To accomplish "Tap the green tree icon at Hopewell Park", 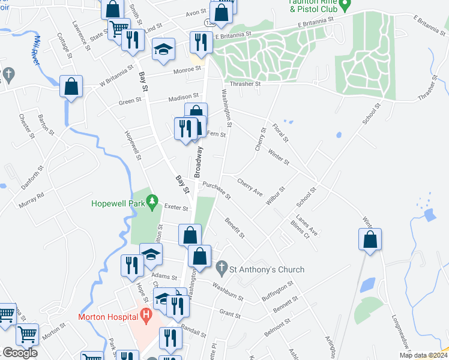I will pos(152,199).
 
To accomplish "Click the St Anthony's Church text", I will pos(268,270).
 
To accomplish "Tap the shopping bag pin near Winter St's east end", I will pos(370,240).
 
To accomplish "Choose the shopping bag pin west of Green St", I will pos(71,86).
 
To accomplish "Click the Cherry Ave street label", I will pos(250,187).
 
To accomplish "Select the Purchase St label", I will pos(217,190).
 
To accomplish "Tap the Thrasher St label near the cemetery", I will pos(244,84).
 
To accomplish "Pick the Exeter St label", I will pos(176,209).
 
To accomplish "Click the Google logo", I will pos(20,352).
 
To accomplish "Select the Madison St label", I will pos(183,97).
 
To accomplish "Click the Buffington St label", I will pos(277,290).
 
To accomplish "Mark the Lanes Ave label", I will pos(306,227).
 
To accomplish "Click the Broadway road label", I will pos(197,163).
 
